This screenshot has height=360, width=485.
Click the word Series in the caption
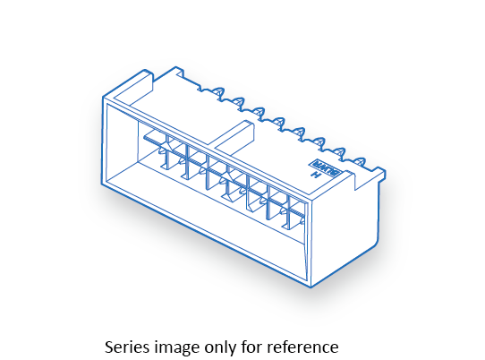pyautogui.click(x=127, y=347)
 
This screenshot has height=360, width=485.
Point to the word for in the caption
pyautogui.click(x=252, y=347)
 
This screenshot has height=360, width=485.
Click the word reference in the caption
pyautogui.click(x=302, y=347)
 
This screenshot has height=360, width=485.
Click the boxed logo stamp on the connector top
pyautogui.click(x=327, y=168)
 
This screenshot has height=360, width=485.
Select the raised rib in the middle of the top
pyautogui.click(x=234, y=133)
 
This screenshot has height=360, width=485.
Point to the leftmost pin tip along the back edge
pyautogui.click(x=219, y=91)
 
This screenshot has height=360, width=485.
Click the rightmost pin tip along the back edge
pyautogui.click(x=361, y=162)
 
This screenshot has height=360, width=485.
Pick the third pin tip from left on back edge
pyautogui.click(x=259, y=112)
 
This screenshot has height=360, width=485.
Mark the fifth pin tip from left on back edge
pyautogui.click(x=300, y=132)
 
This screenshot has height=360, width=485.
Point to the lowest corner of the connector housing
pyautogui.click(x=311, y=287)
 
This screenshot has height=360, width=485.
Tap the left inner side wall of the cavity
pyautogui.click(x=123, y=144)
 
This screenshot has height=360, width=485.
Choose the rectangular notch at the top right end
pyautogui.click(x=362, y=181)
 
